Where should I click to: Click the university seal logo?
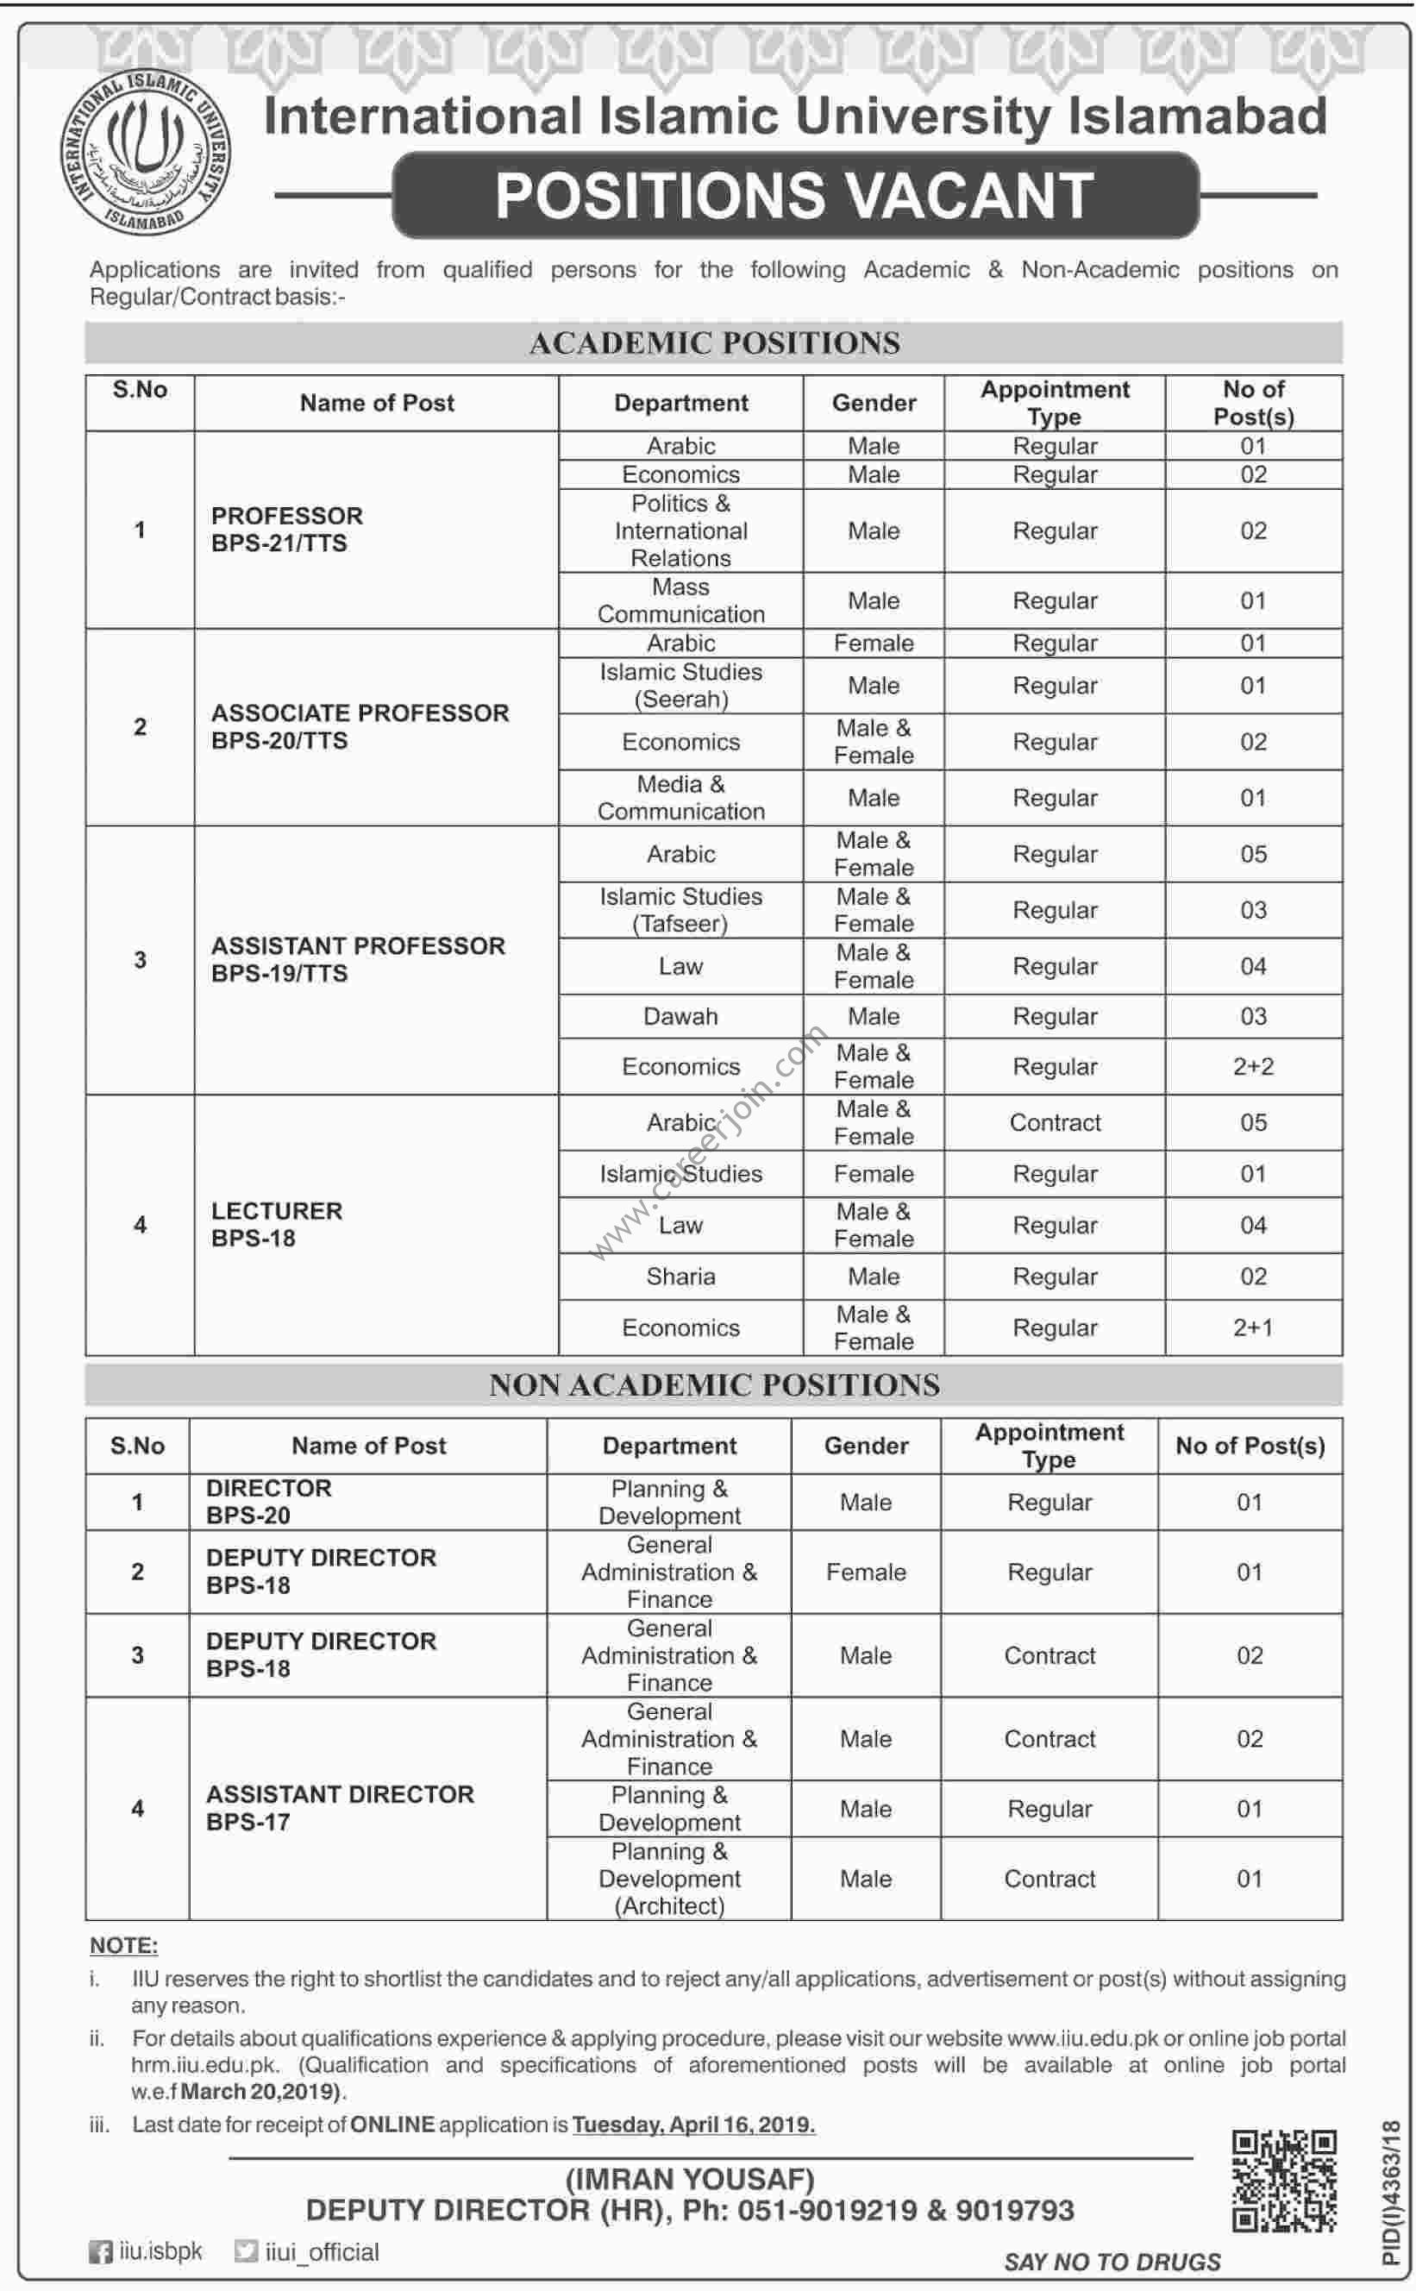pos(146,153)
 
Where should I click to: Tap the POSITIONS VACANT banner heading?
pos(794,195)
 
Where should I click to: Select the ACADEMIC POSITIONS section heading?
pos(714,342)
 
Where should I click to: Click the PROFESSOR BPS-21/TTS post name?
pos(286,530)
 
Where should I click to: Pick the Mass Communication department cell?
pos(681,600)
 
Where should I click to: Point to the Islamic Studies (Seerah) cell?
pos(681,686)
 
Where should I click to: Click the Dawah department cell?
pos(681,1016)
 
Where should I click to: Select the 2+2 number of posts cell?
pos(1253,1066)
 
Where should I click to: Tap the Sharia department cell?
pos(681,1276)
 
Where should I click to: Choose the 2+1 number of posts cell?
pos(1253,1328)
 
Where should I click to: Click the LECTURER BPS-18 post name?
pos(276,1224)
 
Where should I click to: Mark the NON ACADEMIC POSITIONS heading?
pos(714,1385)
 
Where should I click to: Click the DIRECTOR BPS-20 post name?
pos(269,1502)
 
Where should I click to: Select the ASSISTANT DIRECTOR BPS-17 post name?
pos(340,1808)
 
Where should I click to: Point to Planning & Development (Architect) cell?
pos(669,1878)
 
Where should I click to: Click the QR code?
pos(1283,2180)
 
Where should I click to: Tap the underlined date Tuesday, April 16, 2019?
pos(694,2125)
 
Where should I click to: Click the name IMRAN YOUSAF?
pos(690,2180)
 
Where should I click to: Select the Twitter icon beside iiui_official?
pos(246,2251)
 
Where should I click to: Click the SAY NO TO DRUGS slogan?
pos(1112,2262)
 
